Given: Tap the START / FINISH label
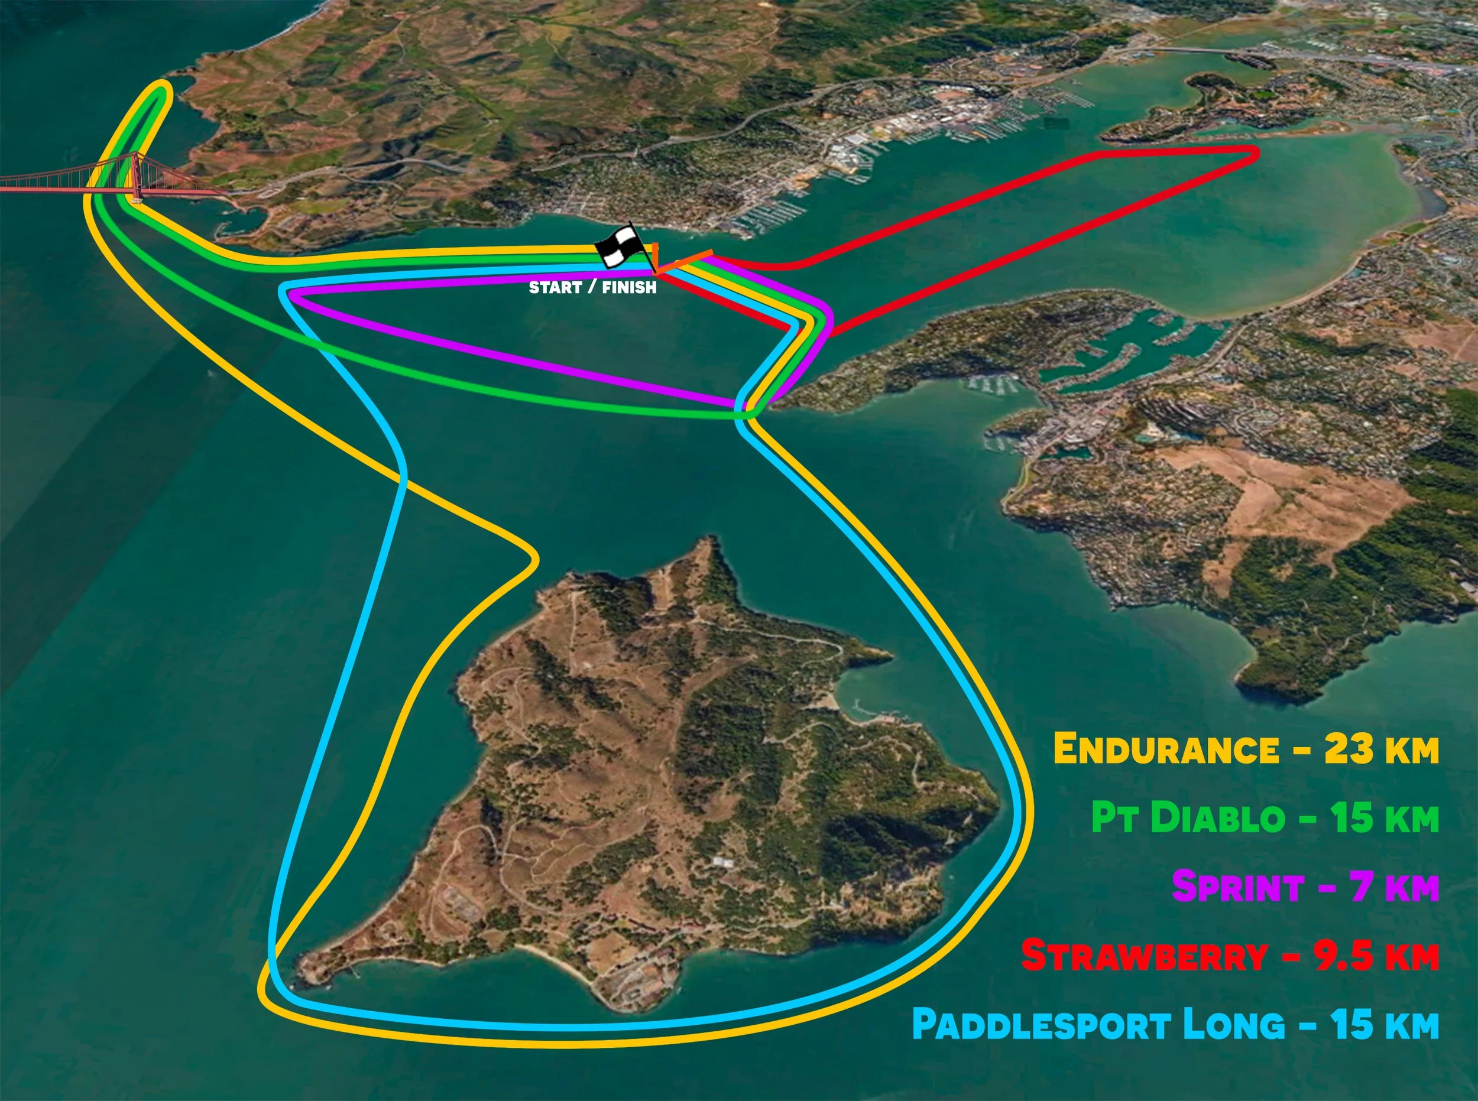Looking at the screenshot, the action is click(592, 287).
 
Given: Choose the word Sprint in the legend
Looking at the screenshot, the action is click(1237, 887).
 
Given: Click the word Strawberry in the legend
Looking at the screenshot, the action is click(1144, 956).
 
